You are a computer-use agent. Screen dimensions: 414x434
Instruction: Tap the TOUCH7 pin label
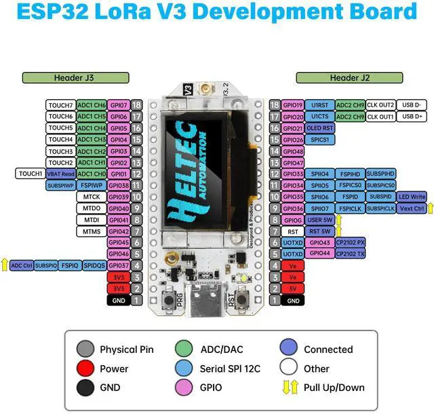tap(61, 105)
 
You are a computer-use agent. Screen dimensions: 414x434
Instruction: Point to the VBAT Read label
tap(60, 174)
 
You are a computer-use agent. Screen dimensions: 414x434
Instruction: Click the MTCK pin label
tap(92, 197)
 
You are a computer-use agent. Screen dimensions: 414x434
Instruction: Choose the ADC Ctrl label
tap(22, 265)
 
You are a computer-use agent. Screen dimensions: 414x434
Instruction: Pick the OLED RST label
tap(321, 128)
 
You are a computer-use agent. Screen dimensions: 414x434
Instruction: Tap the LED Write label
tap(412, 197)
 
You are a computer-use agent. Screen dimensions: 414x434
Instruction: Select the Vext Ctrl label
tap(409, 208)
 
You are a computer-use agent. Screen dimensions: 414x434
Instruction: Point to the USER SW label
tap(319, 220)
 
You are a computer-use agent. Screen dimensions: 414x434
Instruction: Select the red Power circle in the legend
tap(85, 369)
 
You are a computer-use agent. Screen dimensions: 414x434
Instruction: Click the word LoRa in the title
tap(140, 12)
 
